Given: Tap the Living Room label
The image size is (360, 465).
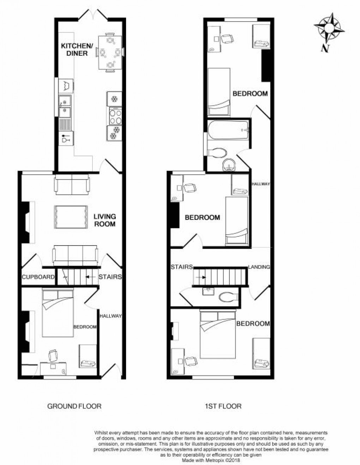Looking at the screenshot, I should [x=104, y=220].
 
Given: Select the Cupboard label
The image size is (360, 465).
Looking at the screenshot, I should [x=38, y=277].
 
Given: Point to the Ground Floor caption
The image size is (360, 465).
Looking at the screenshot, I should [x=74, y=406].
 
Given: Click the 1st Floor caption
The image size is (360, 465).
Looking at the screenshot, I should [x=223, y=406].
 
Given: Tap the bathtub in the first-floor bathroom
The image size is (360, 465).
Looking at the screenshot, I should [x=228, y=130].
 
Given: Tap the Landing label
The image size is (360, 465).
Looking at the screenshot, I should [x=259, y=267].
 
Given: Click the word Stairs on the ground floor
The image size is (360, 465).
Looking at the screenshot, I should [x=110, y=277].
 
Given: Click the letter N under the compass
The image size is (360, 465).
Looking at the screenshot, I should [x=325, y=48].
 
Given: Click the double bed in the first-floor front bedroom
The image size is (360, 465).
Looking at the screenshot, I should [x=218, y=333].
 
